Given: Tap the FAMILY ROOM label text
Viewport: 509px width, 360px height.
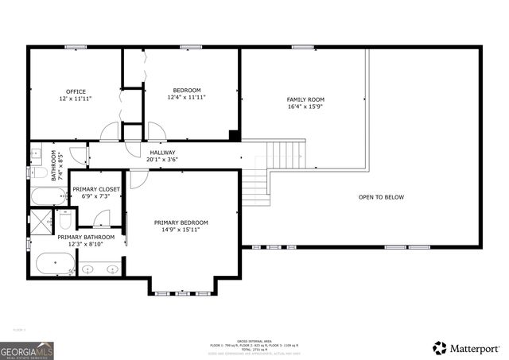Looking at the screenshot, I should coord(305,100).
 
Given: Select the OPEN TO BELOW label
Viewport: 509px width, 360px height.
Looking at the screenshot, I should coord(381,196).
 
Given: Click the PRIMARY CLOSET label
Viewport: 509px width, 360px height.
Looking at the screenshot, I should coord(96,189).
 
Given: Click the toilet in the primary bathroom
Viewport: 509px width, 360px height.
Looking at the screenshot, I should coord(66,219).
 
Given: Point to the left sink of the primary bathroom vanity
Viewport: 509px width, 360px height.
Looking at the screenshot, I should coord(89,269).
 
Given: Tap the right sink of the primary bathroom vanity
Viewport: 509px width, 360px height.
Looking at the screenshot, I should coord(111,269).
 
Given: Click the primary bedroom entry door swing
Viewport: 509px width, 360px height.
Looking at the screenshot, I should coord(138,179).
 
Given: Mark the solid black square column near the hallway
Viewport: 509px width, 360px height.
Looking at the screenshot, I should coord(235,135).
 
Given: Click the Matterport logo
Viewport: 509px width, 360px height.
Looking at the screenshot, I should coord(467,348).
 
